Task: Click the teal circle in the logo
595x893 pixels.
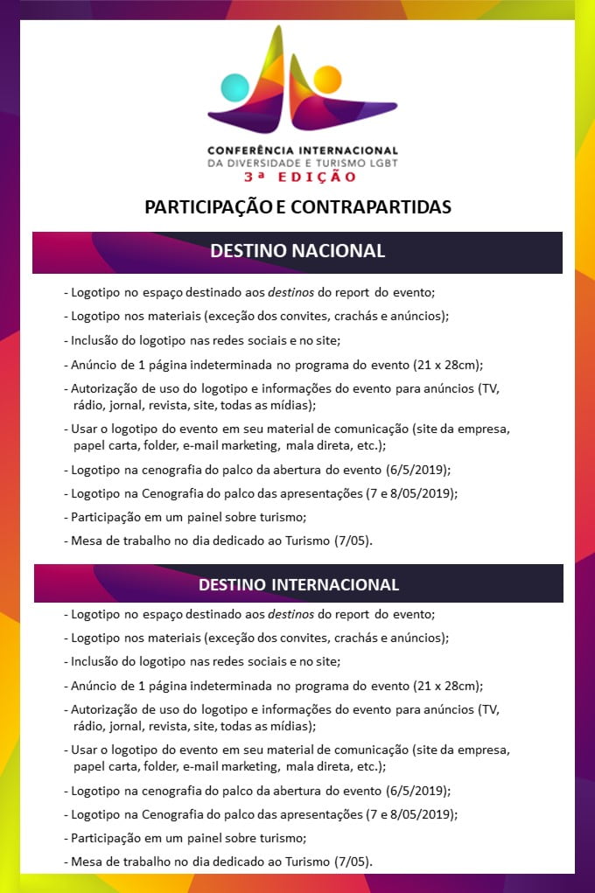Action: coord(235,87)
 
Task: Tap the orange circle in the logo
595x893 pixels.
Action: coord(326,80)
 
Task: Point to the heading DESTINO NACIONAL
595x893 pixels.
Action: coord(297,251)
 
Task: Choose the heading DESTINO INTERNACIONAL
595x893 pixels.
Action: coord(298,584)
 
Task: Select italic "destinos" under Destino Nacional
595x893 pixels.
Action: coord(291,293)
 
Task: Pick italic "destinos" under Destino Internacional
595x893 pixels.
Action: coord(291,615)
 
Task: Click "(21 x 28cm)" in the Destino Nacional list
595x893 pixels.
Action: coord(451,365)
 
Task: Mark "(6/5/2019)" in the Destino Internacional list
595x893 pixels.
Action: coord(418,791)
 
